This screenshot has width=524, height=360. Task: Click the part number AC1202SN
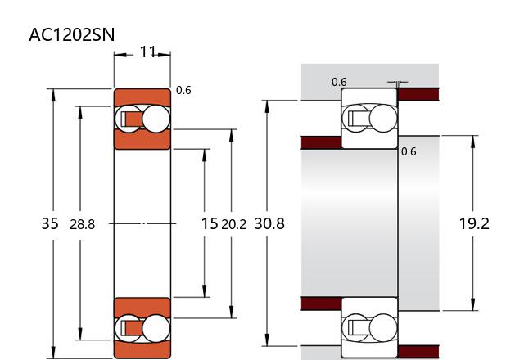tap(72, 35)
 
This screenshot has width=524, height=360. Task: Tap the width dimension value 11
tap(147, 53)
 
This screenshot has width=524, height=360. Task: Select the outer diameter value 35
tap(49, 223)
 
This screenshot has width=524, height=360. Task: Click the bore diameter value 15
tap(210, 223)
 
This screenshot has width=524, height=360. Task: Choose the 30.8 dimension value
tap(269, 223)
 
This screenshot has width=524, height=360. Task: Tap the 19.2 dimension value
tap(473, 223)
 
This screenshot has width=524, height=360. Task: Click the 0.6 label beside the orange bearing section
tap(183, 90)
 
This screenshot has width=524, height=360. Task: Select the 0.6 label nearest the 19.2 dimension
tap(409, 151)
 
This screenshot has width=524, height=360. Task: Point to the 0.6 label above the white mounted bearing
tap(339, 82)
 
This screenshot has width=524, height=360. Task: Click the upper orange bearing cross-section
tap(142, 119)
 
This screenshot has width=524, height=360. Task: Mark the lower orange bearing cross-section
tap(142, 327)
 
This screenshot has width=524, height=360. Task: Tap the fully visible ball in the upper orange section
tap(154, 119)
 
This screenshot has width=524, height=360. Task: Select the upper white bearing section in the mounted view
tap(368, 119)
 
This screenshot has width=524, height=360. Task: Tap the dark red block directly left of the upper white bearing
tap(321, 142)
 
